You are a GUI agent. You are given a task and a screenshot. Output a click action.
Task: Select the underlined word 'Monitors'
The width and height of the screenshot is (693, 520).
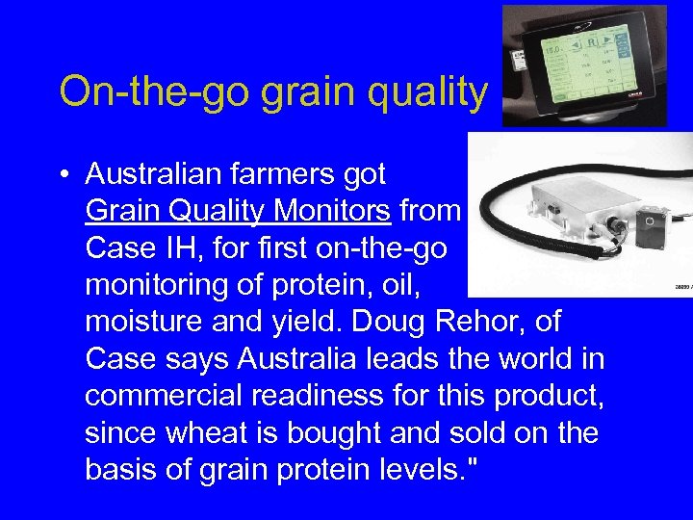pyautogui.click(x=334, y=211)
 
